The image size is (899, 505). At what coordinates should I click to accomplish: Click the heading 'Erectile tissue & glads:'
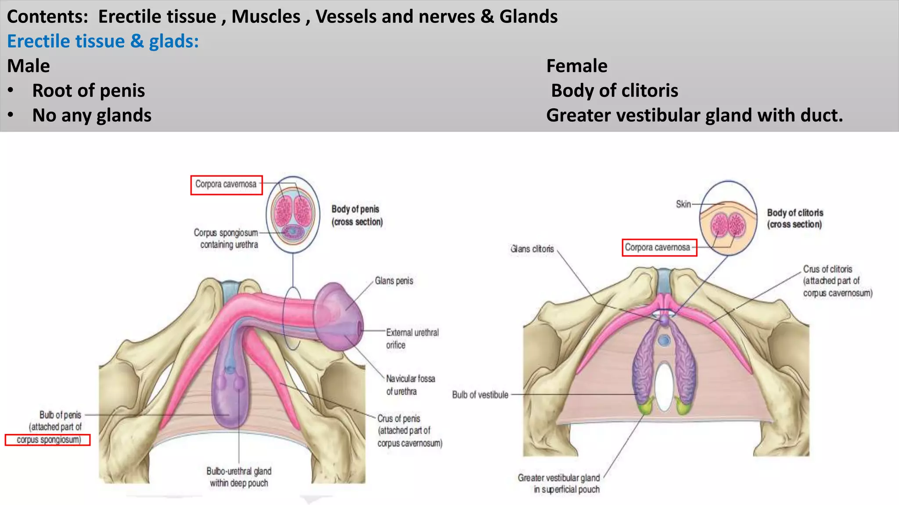point(103,41)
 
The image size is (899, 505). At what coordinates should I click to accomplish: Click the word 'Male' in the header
point(29,66)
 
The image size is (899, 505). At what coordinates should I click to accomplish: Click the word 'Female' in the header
point(576,66)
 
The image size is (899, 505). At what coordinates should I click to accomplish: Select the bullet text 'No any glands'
point(92,115)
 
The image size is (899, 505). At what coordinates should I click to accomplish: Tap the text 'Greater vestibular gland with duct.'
point(694,115)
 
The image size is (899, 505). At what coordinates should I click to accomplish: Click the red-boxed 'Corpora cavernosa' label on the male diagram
point(226,185)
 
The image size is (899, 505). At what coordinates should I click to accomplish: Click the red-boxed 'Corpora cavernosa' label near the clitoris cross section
point(658,248)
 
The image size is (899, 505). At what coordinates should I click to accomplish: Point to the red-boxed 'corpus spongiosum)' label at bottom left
point(48,440)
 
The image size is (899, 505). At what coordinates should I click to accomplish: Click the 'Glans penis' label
point(394,281)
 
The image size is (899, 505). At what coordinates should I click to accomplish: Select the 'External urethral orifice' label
point(412,338)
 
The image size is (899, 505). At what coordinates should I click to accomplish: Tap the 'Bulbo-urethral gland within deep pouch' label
point(239,477)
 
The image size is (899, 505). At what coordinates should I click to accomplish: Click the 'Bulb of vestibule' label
point(480,395)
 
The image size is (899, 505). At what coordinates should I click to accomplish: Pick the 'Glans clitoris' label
point(532,249)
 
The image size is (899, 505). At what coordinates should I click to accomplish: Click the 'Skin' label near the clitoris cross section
point(683,204)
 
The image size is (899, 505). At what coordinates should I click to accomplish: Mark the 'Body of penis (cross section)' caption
point(356,215)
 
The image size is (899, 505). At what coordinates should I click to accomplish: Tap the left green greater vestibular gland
point(645,405)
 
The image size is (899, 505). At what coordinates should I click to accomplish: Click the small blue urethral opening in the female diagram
point(664,340)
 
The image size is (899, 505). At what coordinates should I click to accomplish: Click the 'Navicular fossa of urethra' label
point(410,384)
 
